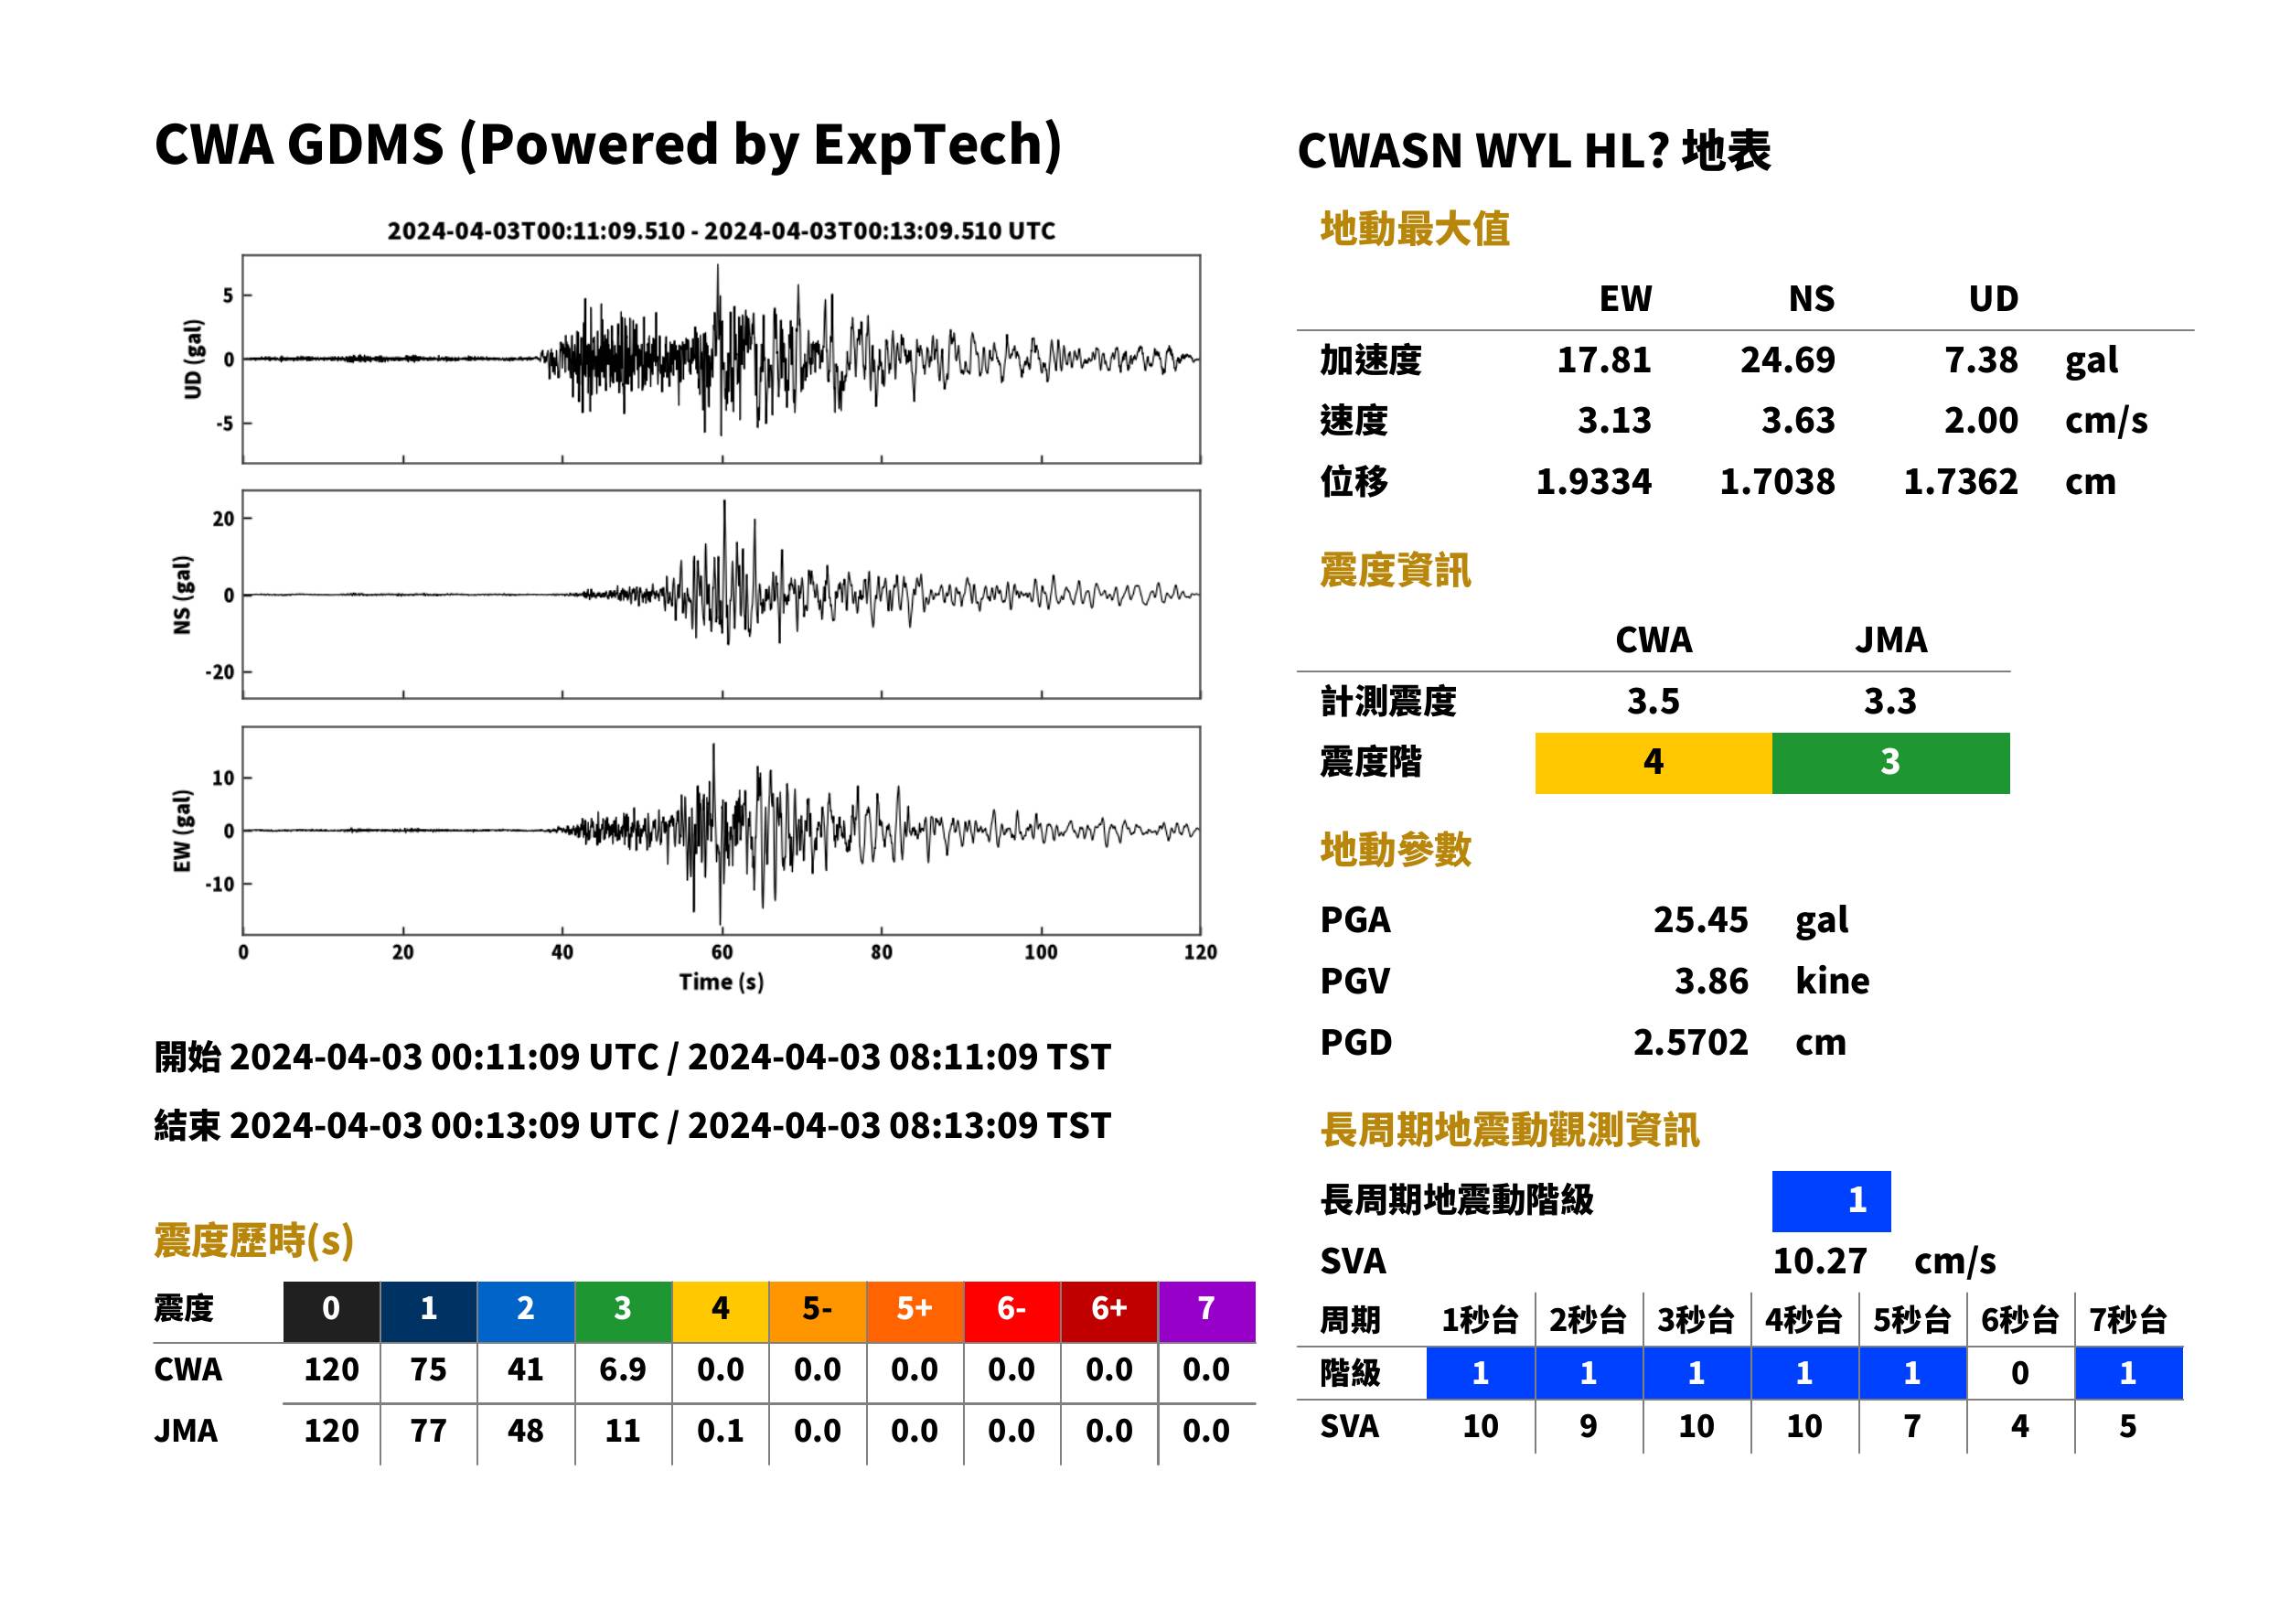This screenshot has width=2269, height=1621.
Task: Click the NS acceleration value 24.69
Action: point(1786,360)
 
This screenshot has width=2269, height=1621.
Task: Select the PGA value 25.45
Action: point(1699,919)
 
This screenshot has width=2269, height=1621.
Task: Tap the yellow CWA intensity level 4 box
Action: point(1653,763)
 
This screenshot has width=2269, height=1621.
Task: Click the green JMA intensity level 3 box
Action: point(1889,763)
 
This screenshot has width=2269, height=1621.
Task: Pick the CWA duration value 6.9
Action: point(623,1369)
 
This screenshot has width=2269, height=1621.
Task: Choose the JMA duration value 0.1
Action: point(720,1431)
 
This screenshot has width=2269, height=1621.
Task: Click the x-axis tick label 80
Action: point(881,951)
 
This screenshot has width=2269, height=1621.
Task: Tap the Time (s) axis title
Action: point(721,982)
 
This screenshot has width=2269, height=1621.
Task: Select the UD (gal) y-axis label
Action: point(193,360)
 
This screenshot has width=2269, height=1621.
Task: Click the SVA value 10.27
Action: point(1819,1261)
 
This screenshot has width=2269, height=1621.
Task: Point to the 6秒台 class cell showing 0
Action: point(2019,1372)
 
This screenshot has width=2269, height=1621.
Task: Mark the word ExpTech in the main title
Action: point(928,145)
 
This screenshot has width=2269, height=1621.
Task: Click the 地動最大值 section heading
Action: point(1414,229)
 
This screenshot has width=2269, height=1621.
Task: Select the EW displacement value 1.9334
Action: point(1592,482)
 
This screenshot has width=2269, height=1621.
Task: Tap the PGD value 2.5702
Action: point(1690,1042)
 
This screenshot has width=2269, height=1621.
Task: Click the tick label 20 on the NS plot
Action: point(223,519)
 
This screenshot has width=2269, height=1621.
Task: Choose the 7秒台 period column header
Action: point(2127,1319)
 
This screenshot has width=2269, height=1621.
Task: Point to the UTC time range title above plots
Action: point(721,231)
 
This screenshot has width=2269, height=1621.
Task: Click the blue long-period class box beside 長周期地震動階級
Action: point(1831,1201)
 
